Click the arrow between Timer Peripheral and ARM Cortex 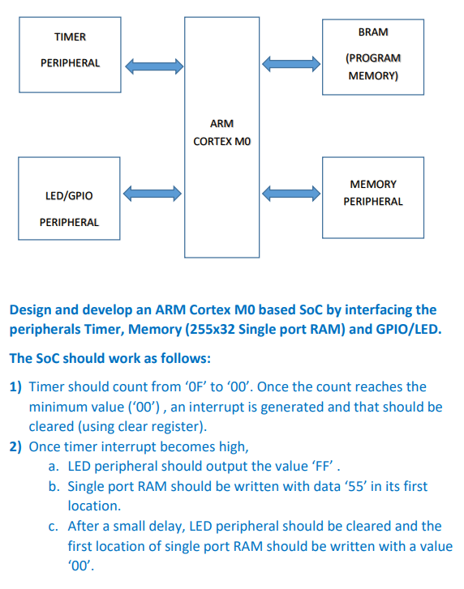(153, 63)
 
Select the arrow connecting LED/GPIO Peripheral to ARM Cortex (153, 193)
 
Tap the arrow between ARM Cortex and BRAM (292, 63)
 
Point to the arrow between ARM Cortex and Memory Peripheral (292, 193)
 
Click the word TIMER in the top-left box (70, 37)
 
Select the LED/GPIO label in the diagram (69, 196)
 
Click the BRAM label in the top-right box (372, 32)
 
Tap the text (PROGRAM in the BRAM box (372, 58)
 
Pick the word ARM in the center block (221, 124)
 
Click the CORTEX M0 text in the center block (221, 141)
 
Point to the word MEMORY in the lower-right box (373, 185)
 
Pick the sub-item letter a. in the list (54, 467)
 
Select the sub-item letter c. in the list (54, 527)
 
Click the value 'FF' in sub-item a (320, 467)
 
